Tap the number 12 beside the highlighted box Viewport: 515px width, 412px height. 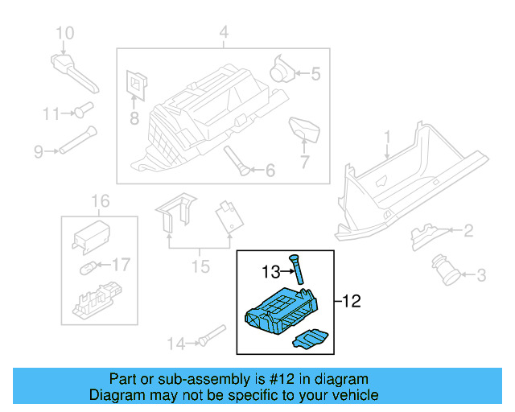point(352,302)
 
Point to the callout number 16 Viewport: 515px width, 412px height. point(98,200)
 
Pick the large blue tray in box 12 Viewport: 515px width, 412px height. point(283,310)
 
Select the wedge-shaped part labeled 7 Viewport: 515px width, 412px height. point(303,127)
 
